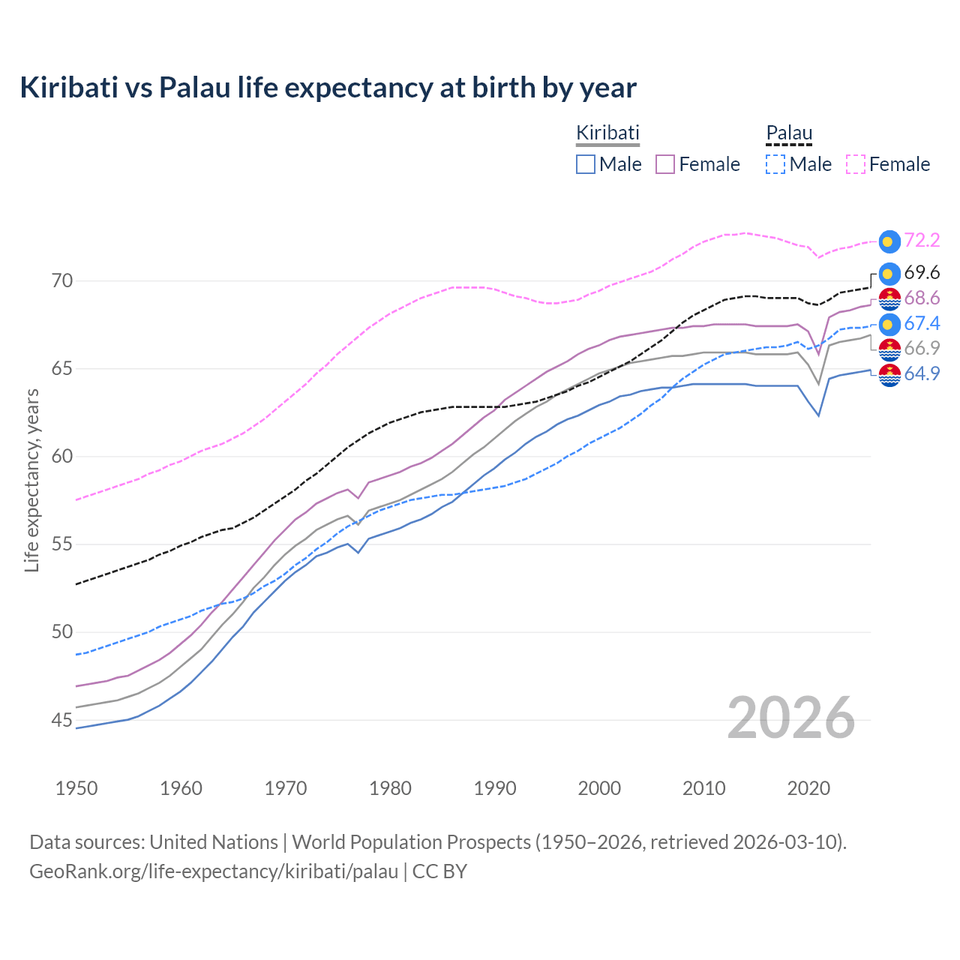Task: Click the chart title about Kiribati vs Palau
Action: [328, 88]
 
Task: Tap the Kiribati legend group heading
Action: [607, 133]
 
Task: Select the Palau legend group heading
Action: [789, 133]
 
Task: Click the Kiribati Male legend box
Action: [586, 164]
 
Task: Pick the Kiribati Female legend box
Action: [665, 164]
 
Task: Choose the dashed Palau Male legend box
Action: [775, 164]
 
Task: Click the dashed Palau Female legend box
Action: [856, 164]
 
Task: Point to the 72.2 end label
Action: [922, 240]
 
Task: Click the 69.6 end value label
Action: [922, 272]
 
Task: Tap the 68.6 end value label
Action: [922, 298]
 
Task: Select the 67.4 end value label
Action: [922, 323]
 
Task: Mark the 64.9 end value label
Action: [922, 373]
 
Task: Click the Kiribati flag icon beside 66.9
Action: [889, 349]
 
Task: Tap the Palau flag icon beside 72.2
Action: [889, 241]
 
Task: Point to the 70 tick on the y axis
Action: [62, 281]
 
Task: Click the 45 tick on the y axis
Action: [62, 721]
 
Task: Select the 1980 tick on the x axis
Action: [391, 788]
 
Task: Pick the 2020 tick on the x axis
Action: [808, 788]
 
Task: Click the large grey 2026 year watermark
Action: [791, 718]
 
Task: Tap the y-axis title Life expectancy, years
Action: [32, 480]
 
